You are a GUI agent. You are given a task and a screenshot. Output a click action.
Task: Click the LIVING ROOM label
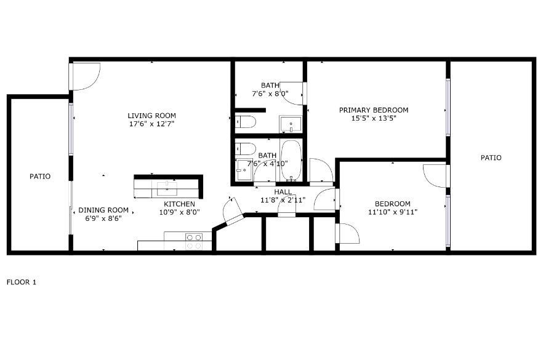pos(151,116)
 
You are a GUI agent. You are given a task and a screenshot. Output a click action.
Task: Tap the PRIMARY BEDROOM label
pos(374,110)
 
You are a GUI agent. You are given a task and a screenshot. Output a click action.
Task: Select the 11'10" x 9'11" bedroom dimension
pos(393,212)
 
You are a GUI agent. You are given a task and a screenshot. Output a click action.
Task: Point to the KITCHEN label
pos(179,204)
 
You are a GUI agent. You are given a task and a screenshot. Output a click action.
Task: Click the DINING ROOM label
pos(103,210)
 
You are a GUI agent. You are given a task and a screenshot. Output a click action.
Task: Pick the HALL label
pos(283,192)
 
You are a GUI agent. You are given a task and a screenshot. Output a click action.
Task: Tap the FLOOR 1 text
pos(22,282)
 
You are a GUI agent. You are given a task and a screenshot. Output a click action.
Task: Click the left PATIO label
pos(40,177)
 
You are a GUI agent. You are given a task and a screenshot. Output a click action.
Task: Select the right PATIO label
pos(491,158)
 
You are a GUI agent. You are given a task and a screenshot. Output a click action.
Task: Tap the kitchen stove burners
pos(194,241)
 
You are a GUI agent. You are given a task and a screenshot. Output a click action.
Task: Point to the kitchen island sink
pos(167,189)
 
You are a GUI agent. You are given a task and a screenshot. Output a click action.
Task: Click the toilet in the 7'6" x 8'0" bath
pos(246,122)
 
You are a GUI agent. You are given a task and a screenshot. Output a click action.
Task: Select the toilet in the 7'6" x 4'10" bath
pos(246,149)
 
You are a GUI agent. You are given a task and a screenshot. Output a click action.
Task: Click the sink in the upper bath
pos(291,124)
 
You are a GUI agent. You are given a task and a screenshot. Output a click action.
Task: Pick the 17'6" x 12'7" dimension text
pos(151,124)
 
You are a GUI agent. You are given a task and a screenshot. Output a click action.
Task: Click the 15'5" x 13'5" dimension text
pos(374,118)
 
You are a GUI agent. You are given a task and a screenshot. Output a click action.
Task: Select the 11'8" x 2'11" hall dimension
pos(283,200)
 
